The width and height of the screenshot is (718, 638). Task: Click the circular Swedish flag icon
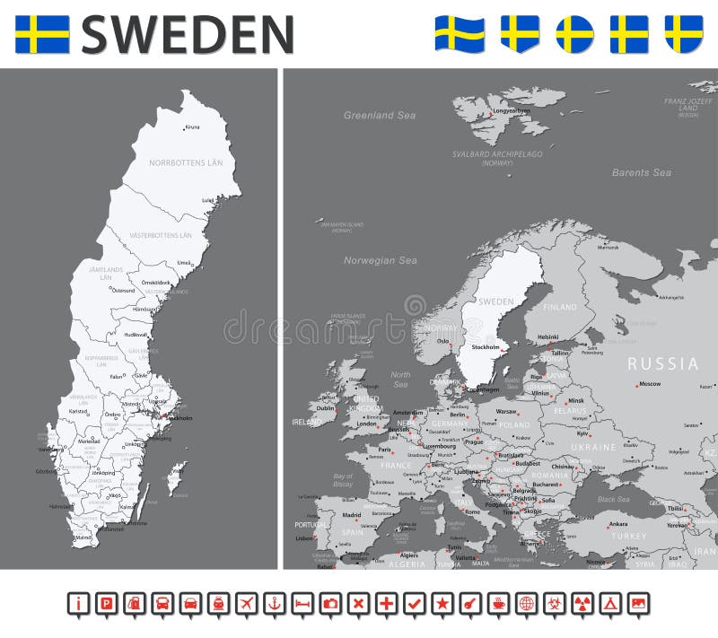[575, 34]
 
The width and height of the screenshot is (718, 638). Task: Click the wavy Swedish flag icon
[460, 34]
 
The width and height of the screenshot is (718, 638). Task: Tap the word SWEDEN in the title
[188, 34]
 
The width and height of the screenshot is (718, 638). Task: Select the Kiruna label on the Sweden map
[192, 127]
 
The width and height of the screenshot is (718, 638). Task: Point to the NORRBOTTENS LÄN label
[186, 162]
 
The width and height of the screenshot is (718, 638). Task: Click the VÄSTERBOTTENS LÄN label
[161, 235]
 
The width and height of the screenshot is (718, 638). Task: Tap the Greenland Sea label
[380, 116]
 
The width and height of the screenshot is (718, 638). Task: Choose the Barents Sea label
[641, 172]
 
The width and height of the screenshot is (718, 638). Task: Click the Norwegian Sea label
[380, 260]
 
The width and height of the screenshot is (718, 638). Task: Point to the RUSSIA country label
[662, 363]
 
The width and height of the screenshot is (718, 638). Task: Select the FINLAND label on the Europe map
[560, 307]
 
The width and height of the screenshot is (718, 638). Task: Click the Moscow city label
[650, 385]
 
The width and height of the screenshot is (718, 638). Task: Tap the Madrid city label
[351, 515]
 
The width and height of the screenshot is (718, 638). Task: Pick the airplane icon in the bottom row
[249, 602]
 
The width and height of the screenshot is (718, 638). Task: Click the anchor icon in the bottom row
[276, 602]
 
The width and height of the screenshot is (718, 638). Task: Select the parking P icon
[107, 602]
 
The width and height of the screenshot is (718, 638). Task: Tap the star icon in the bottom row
[442, 602]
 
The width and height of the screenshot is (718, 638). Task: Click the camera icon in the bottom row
[331, 602]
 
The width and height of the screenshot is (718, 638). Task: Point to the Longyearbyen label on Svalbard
[512, 111]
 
